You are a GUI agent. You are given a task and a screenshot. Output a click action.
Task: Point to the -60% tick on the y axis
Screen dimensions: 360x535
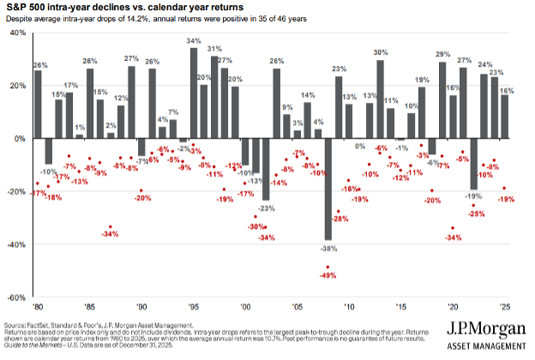pyautogui.click(x=15, y=297)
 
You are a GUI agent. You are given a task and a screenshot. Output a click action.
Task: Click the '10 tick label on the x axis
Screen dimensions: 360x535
pyautogui.click(x=349, y=306)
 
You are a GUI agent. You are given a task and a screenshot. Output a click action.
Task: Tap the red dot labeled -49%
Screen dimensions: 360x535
pyautogui.click(x=328, y=267)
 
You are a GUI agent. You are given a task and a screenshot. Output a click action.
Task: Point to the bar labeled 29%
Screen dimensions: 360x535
pyautogui.click(x=442, y=100)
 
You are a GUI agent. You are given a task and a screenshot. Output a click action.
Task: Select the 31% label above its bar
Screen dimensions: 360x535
pyautogui.click(x=214, y=48)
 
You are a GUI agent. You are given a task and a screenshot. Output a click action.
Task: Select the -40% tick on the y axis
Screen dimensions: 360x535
pyautogui.click(x=15, y=244)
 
